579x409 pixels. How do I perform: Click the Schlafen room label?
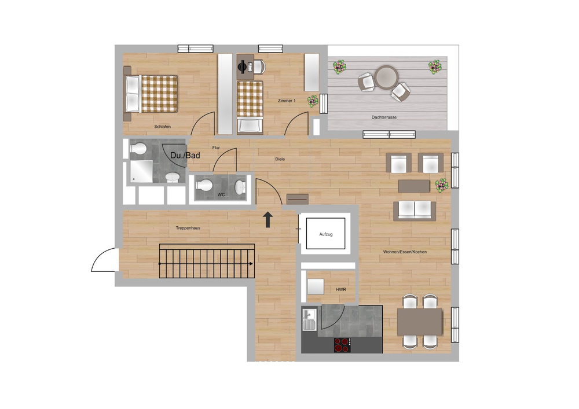162,127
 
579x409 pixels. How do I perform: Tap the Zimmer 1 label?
287,101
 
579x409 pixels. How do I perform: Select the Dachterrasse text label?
384,117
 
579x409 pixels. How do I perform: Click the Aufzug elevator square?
326,234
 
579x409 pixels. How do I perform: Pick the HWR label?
340,290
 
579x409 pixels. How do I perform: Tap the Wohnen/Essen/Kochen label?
405,252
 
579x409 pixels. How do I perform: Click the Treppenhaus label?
188,229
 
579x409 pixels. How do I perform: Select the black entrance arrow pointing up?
268,220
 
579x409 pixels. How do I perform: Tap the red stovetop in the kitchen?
342,345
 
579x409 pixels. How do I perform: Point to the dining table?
419,321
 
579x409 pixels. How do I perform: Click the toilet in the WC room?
204,186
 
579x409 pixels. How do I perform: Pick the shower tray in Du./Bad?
142,172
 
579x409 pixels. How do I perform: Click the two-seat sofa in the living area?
414,211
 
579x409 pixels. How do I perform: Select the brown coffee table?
414,186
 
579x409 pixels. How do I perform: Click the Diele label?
280,159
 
